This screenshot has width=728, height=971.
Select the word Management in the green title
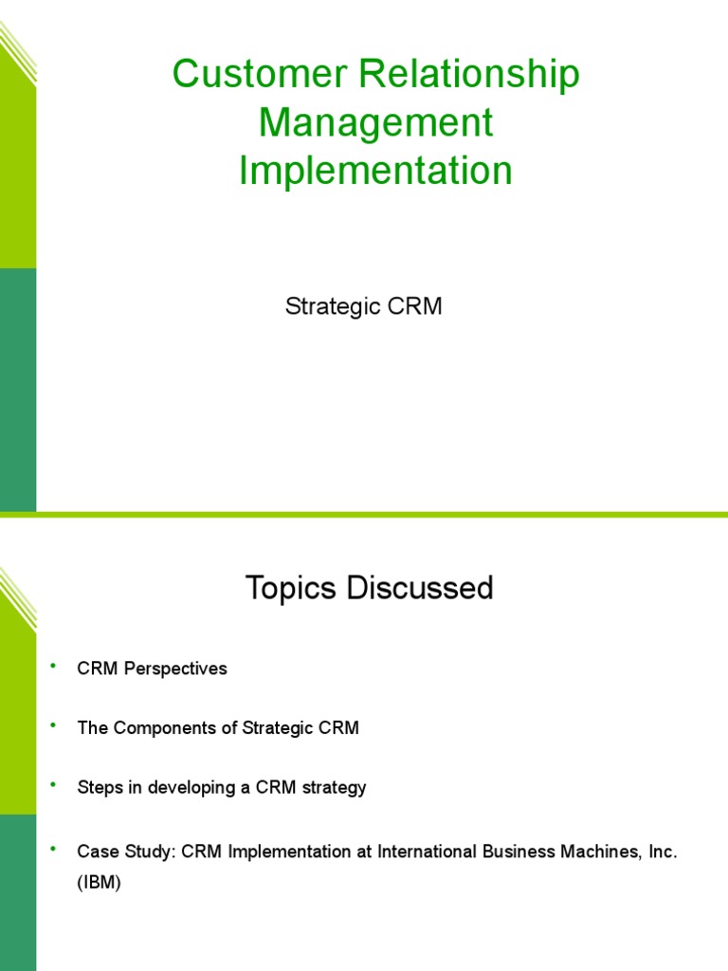(375, 123)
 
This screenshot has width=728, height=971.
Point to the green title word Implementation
(375, 171)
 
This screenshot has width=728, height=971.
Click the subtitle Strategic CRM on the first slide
(364, 307)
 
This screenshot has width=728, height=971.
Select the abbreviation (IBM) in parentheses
(100, 882)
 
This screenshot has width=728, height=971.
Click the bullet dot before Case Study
(53, 848)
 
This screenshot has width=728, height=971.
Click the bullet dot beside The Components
(53, 725)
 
